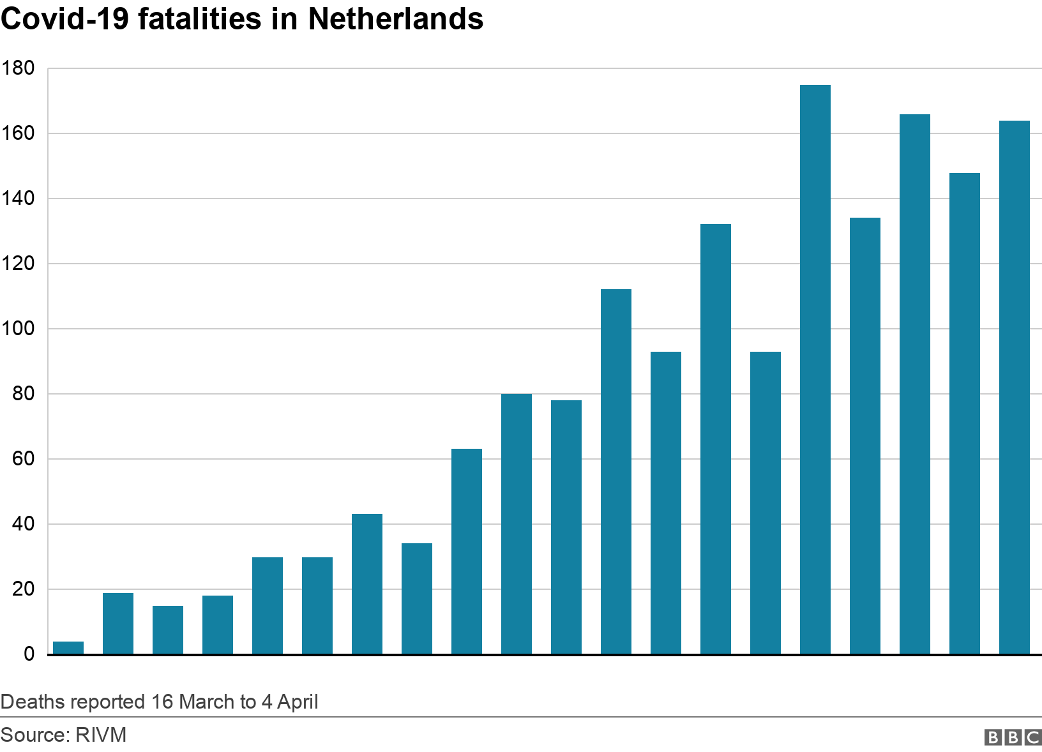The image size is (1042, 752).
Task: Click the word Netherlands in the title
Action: [395, 19]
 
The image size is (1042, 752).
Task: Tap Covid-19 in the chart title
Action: [66, 19]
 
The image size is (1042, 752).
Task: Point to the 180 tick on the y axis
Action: [19, 68]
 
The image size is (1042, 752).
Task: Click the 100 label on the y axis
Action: [19, 329]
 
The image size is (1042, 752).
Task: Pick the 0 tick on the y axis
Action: [29, 654]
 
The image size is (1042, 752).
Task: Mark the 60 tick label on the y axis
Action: [23, 459]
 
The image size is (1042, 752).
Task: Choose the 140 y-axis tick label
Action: [19, 199]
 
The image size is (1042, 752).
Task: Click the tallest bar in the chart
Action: [815, 370]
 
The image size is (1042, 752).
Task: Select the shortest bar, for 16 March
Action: [68, 648]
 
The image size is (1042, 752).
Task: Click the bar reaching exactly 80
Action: [517, 524]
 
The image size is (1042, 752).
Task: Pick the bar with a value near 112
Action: [616, 472]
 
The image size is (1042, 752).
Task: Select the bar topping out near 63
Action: [467, 552]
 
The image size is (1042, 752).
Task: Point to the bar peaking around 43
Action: [367, 584]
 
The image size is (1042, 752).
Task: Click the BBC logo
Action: [1013, 737]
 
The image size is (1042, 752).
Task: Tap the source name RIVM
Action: [101, 735]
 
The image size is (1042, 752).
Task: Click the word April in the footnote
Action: [298, 702]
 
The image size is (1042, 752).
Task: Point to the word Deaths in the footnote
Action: [33, 702]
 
